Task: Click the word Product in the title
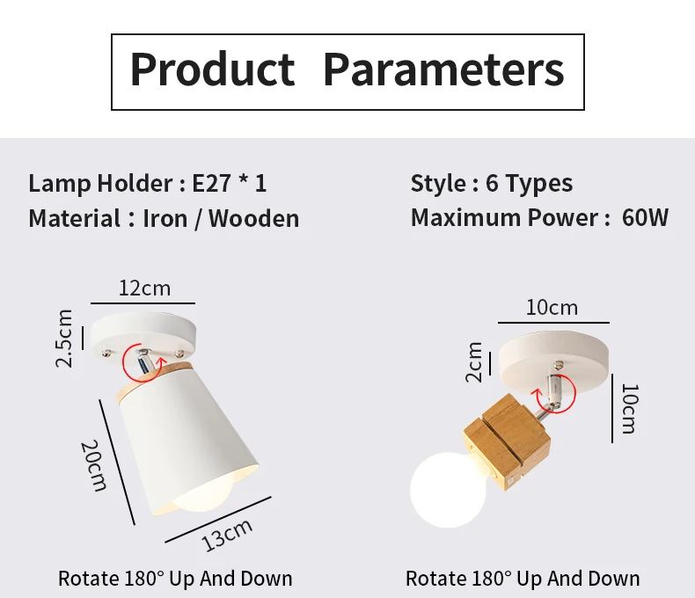(212, 69)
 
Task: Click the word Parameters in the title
(443, 69)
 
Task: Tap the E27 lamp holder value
(211, 183)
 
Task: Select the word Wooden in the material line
(254, 219)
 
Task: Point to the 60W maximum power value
(645, 217)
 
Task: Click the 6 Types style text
(530, 184)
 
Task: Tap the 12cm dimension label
(144, 288)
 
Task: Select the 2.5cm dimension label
(64, 339)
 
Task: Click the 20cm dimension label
(94, 465)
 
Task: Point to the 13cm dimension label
(226, 535)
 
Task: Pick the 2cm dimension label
(474, 362)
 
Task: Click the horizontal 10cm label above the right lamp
(552, 308)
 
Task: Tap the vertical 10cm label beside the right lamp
(630, 408)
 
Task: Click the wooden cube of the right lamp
(507, 442)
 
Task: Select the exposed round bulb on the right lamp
(448, 490)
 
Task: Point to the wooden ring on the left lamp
(154, 380)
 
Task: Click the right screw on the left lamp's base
(179, 354)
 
